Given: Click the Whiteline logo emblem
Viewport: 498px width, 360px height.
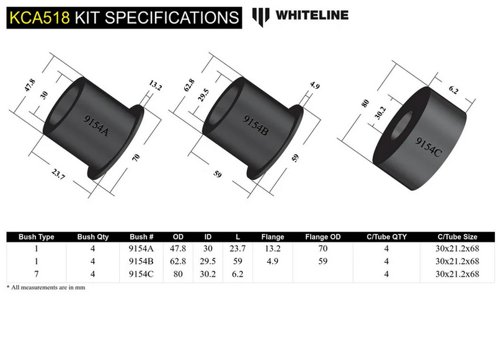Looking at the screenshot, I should coord(261,15).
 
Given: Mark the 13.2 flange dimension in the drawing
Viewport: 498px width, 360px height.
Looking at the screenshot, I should coord(154,87).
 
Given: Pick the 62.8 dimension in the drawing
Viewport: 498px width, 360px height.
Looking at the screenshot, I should coord(185,84).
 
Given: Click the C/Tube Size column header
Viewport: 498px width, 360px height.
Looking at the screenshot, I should coord(458,237).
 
